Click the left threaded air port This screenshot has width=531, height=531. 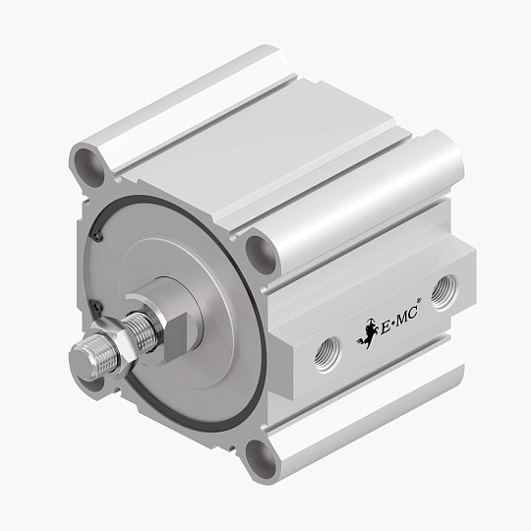[324, 349]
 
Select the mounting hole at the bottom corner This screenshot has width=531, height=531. [260, 454]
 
